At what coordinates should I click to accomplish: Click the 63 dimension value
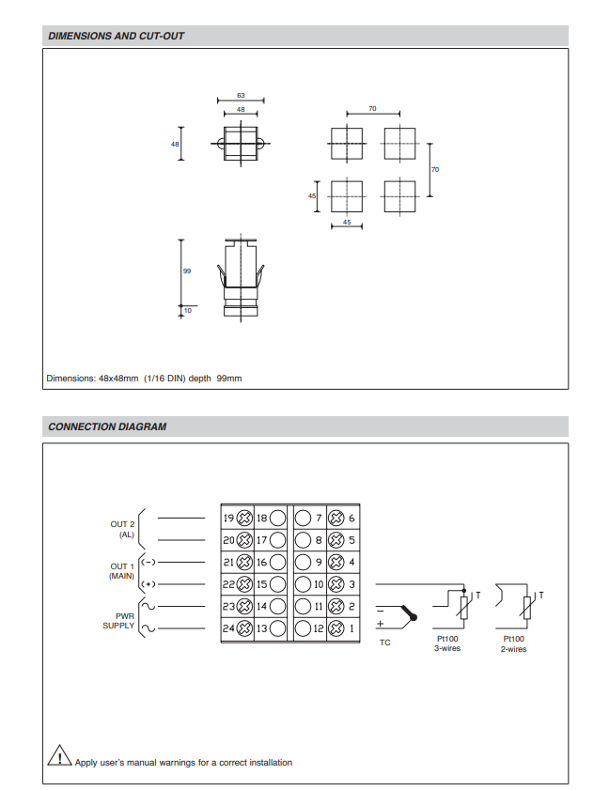pos(241,95)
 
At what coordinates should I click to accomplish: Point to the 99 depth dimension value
pos(186,271)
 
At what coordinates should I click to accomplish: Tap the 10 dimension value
pos(187,309)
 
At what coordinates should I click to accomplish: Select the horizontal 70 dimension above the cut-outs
pos(372,109)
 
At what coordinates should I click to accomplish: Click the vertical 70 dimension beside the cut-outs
pos(435,169)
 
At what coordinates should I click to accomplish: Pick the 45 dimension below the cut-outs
pos(347,223)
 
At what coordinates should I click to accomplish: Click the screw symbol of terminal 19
pos(244,518)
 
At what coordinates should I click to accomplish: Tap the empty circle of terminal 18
pos(278,518)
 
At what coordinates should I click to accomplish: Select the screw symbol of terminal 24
pos(244,628)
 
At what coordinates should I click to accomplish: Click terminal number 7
pos(319,518)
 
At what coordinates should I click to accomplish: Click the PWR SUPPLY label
pos(119,620)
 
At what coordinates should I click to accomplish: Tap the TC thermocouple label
pos(385,643)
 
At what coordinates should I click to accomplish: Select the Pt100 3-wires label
pos(447,643)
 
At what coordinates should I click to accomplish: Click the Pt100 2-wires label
pos(514,643)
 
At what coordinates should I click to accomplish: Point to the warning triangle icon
pos(59,757)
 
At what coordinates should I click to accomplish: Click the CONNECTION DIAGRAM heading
pos(107,426)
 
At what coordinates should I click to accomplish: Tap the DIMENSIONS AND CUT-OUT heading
pos(117,37)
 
